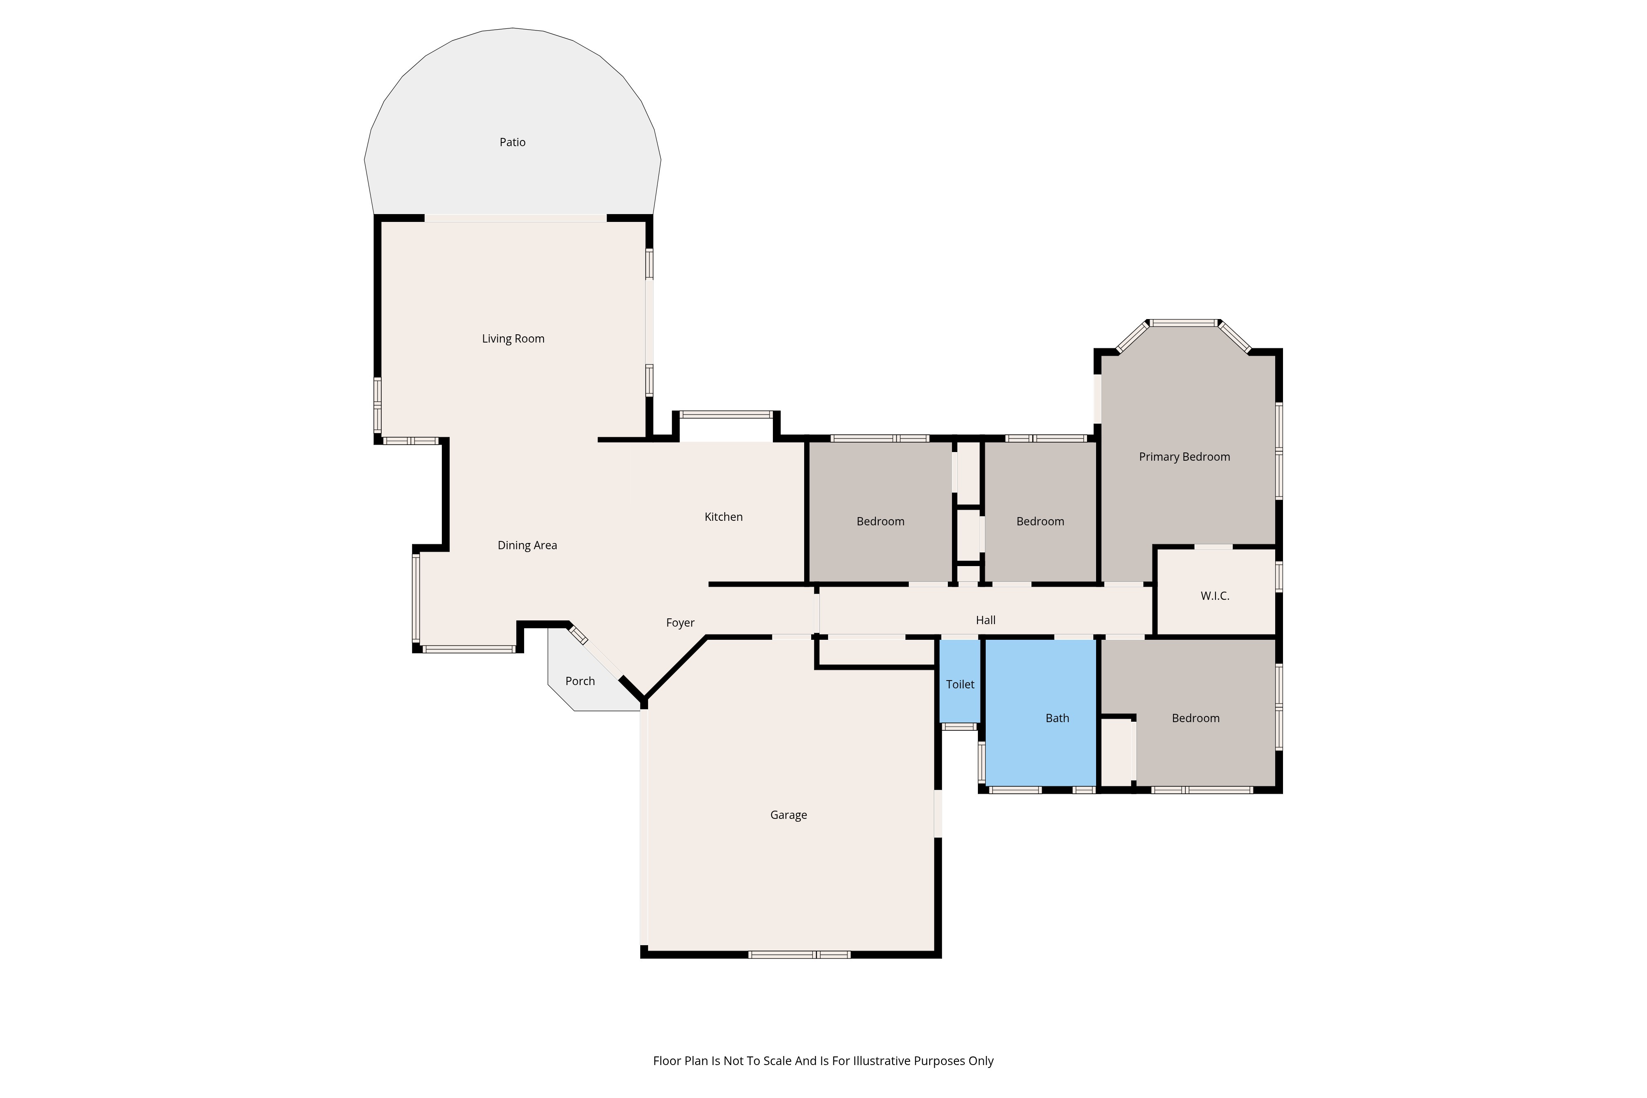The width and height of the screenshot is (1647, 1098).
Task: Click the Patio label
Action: [513, 142]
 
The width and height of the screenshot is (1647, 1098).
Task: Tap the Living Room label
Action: [513, 339]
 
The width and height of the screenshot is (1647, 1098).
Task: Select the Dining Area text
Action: [527, 546]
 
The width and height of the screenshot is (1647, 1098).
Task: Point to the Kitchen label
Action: [723, 517]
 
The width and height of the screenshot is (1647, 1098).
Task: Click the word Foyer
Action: [680, 622]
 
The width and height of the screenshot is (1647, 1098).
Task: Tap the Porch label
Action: [580, 681]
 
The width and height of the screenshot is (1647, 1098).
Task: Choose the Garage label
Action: [789, 815]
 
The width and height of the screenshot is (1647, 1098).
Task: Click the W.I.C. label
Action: [1215, 596]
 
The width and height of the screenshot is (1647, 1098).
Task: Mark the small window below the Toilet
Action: [959, 727]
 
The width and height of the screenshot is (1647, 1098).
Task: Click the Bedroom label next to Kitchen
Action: [880, 522]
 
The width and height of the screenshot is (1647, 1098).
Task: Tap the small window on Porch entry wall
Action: [579, 635]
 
